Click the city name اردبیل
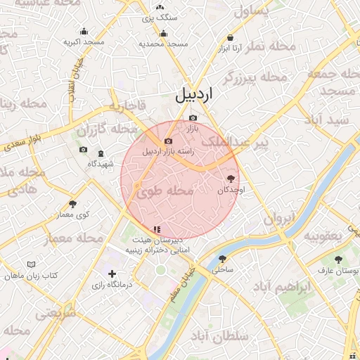[x=194, y=95]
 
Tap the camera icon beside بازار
[x=193, y=117]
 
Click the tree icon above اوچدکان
[x=231, y=179]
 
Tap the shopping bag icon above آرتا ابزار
[x=230, y=38]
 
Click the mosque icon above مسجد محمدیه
[x=164, y=33]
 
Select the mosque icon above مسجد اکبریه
[x=84, y=31]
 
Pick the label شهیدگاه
[x=101, y=163]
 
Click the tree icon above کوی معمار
[x=73, y=204]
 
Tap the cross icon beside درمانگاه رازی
[x=112, y=274]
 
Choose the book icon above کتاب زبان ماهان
[x=30, y=264]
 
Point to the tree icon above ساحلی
[x=223, y=259]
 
